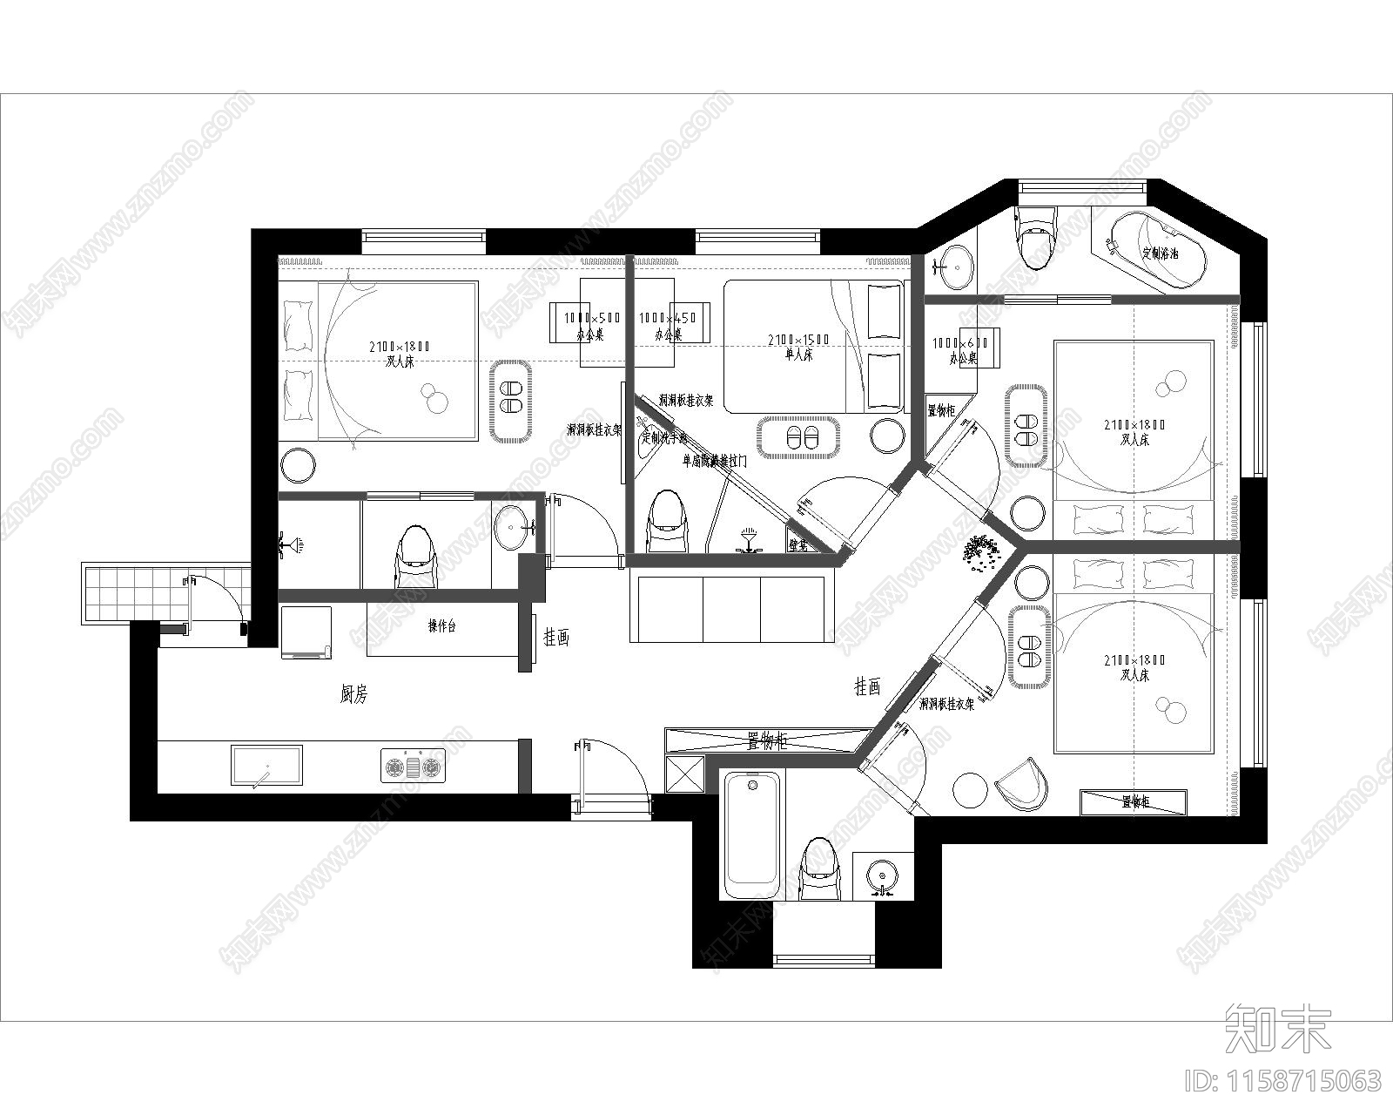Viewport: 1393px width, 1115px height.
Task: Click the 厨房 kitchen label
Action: pyautogui.click(x=353, y=694)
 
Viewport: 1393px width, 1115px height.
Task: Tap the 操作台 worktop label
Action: pyautogui.click(x=441, y=625)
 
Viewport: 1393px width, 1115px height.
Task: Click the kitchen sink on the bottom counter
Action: pyautogui.click(x=266, y=765)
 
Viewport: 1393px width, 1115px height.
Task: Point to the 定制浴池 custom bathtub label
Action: pyautogui.click(x=1161, y=254)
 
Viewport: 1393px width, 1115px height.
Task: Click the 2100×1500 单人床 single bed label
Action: pyautogui.click(x=798, y=347)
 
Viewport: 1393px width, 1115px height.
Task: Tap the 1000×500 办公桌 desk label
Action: pyautogui.click(x=591, y=326)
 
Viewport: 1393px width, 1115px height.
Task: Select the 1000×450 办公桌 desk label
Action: pyautogui.click(x=668, y=326)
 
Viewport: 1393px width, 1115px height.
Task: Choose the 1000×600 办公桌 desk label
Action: pyautogui.click(x=961, y=350)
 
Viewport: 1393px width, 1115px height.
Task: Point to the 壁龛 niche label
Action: pyautogui.click(x=798, y=545)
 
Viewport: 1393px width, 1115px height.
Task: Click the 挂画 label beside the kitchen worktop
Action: pyautogui.click(x=556, y=637)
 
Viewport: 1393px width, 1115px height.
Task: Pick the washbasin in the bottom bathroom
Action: pyautogui.click(x=883, y=874)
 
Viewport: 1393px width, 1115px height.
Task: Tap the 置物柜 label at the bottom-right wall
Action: pyautogui.click(x=1133, y=802)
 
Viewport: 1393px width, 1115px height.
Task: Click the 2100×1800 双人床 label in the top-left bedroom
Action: pyautogui.click(x=400, y=354)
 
